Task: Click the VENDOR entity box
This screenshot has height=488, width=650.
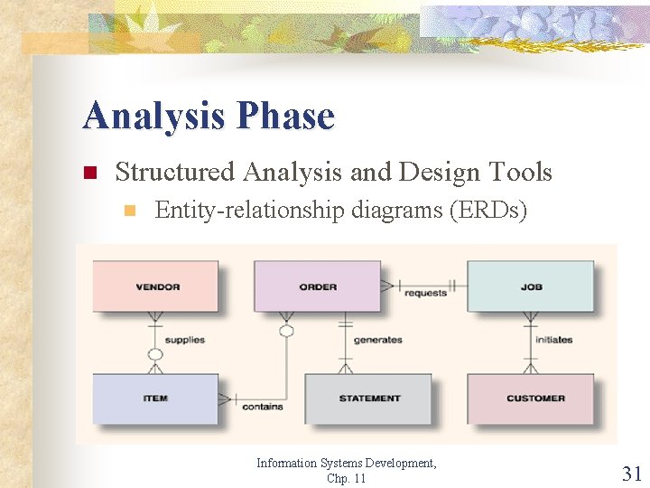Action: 155,286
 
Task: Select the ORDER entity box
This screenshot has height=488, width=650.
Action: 317,286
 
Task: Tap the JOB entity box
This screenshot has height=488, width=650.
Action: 530,286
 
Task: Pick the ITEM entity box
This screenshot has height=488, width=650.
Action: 155,399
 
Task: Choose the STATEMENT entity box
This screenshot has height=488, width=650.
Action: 368,399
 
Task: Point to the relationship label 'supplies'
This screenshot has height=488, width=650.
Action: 185,340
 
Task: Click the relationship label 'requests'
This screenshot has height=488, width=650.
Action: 425,294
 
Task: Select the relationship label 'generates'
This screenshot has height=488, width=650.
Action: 377,340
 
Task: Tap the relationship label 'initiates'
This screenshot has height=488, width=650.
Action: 553,340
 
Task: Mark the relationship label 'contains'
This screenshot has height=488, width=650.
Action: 262,407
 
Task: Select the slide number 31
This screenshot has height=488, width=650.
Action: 631,472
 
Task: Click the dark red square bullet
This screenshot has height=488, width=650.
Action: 88,173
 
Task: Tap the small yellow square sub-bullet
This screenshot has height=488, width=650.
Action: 129,211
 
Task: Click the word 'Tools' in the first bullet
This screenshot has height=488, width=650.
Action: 519,171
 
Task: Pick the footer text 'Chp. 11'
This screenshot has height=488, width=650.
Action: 347,477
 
